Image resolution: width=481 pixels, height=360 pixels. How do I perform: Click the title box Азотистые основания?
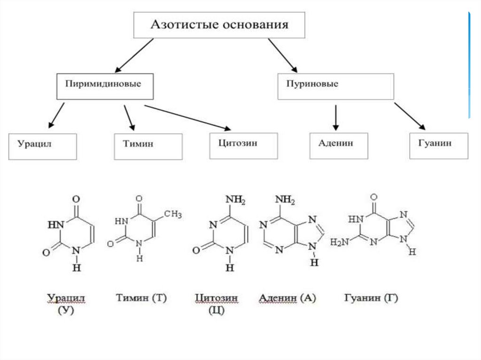tap(219, 25)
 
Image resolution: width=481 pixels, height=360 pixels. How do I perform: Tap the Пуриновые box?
tap(335, 86)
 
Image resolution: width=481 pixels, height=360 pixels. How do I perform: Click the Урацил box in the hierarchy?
tap(42, 146)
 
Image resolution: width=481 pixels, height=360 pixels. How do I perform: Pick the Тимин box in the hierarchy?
tap(148, 146)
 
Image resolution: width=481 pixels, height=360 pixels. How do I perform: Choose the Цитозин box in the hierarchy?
tap(243, 145)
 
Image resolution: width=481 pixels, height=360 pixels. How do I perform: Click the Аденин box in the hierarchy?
tap(338, 145)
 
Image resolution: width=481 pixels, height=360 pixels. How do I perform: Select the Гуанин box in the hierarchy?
tap(438, 145)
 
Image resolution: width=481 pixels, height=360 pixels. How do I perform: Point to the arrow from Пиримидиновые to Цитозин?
tap(188, 117)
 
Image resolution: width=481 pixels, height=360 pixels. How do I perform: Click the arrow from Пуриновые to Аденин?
tap(335, 117)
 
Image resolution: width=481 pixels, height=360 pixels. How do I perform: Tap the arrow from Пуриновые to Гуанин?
tap(410, 116)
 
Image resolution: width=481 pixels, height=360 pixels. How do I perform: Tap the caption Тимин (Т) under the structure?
tap(141, 298)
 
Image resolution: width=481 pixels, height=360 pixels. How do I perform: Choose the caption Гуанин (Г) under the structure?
tap(371, 298)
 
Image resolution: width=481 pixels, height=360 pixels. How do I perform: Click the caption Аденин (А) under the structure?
tap(287, 298)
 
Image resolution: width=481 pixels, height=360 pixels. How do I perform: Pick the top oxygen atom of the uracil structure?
tap(76, 199)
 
